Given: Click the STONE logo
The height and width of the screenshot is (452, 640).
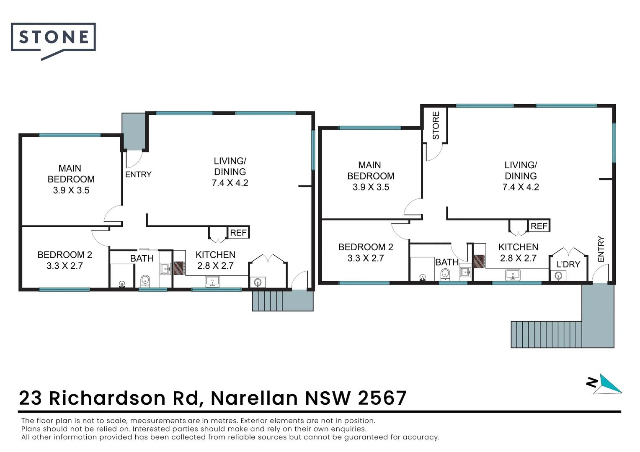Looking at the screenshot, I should (x=53, y=38).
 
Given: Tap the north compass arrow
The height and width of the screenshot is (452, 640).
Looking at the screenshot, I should (x=609, y=384).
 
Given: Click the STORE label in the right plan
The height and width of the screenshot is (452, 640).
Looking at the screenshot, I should (x=436, y=126).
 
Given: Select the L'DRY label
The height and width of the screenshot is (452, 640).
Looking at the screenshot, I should (x=568, y=265).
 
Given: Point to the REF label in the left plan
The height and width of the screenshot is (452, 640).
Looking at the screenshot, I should (x=238, y=233).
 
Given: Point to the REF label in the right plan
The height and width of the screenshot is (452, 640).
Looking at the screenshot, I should (x=539, y=226).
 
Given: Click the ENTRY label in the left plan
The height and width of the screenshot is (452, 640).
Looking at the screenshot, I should (x=138, y=175).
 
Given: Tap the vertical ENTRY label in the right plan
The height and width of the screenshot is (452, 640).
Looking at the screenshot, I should (x=601, y=249).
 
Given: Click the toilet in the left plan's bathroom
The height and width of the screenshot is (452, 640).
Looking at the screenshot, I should (x=145, y=280).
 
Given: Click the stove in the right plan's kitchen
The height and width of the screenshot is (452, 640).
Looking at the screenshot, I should (x=480, y=262).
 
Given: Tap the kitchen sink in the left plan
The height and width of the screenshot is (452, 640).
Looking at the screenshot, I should (x=212, y=282).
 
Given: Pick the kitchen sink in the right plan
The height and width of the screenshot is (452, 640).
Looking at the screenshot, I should (x=513, y=275).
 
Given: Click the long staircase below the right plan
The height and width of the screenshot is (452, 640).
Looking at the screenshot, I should (x=546, y=334).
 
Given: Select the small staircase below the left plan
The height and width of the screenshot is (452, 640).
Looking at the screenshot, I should (x=268, y=301).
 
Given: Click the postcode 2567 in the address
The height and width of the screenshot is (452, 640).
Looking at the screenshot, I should (x=382, y=398).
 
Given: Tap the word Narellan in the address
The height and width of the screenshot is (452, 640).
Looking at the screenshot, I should (x=254, y=398).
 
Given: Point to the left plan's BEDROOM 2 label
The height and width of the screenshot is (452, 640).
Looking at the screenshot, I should (x=65, y=255).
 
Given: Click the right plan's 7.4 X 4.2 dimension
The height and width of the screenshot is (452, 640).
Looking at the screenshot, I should (x=521, y=187).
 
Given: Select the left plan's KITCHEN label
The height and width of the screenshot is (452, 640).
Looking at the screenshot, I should (x=215, y=255).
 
